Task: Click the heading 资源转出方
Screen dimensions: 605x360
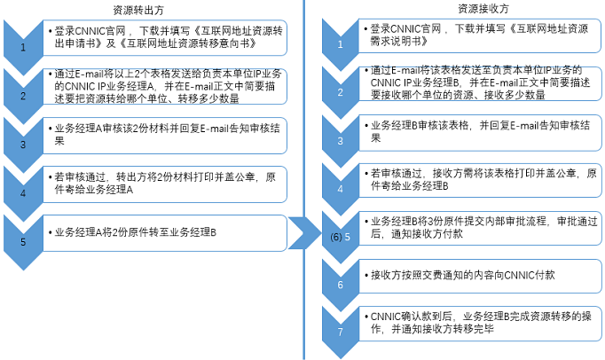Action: click(x=138, y=11)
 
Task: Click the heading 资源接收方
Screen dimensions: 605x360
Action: click(x=483, y=9)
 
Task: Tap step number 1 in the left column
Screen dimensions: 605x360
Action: click(x=23, y=48)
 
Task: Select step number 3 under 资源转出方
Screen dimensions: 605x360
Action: click(x=23, y=145)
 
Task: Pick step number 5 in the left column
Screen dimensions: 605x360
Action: click(x=23, y=242)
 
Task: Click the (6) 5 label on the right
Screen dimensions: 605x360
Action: click(x=341, y=237)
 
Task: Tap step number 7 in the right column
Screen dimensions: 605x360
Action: click(x=341, y=332)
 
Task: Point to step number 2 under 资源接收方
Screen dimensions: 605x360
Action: click(x=341, y=92)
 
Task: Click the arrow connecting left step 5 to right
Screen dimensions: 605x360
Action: click(x=305, y=232)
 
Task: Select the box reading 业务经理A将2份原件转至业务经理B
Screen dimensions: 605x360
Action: click(x=165, y=233)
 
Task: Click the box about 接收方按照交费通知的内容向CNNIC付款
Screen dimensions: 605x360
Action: click(x=481, y=276)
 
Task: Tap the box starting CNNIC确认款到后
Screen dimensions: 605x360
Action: click(x=481, y=324)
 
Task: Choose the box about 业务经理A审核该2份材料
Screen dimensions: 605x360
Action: click(x=165, y=136)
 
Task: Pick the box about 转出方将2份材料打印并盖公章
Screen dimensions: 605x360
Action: click(x=165, y=184)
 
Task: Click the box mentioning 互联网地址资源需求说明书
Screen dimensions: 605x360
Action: click(x=480, y=35)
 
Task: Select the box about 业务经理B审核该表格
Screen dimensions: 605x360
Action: click(x=481, y=132)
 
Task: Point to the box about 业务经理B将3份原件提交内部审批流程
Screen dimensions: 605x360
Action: click(x=481, y=228)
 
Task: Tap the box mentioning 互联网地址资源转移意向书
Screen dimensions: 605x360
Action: click(x=165, y=38)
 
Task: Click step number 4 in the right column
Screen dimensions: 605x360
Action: click(x=341, y=189)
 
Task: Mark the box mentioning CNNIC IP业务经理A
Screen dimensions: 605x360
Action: click(x=165, y=86)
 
